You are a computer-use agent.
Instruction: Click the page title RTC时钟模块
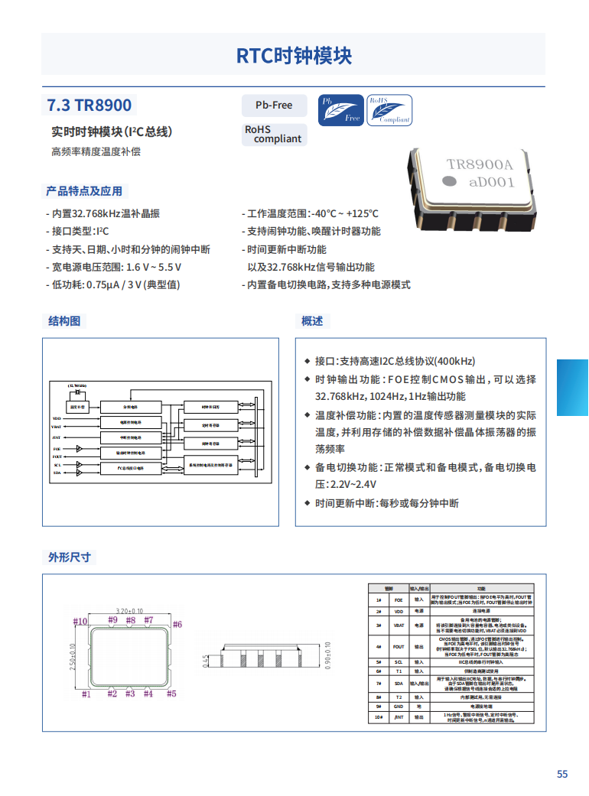click(x=294, y=56)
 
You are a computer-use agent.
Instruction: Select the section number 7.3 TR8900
click(x=89, y=106)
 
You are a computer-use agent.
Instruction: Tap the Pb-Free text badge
click(x=274, y=106)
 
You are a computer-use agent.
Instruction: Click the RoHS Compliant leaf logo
click(x=389, y=110)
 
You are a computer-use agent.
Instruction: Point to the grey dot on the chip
click(x=451, y=181)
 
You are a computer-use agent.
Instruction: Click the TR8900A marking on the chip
click(x=479, y=164)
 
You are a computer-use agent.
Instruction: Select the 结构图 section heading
click(x=64, y=321)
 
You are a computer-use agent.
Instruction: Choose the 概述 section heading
click(x=312, y=321)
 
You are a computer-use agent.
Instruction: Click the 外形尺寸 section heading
click(x=70, y=557)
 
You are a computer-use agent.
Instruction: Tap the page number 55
click(x=562, y=774)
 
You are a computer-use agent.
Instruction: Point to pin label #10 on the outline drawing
click(x=80, y=622)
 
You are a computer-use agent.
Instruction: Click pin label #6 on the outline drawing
click(x=177, y=625)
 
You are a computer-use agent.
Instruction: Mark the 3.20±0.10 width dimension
click(x=130, y=611)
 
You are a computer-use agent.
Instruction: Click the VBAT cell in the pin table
click(x=399, y=625)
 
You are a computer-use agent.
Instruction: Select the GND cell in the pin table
click(x=399, y=707)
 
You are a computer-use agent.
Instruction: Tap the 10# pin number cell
click(x=379, y=717)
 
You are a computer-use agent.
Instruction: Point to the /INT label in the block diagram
click(x=57, y=437)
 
